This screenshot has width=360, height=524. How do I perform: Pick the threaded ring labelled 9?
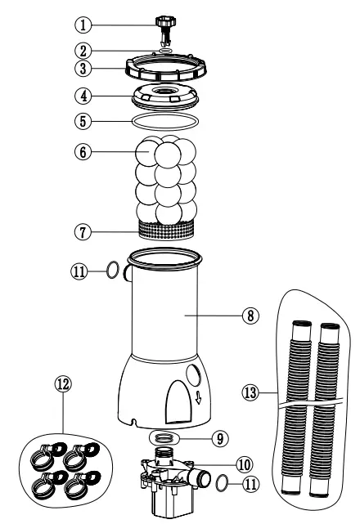(x=169, y=437)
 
